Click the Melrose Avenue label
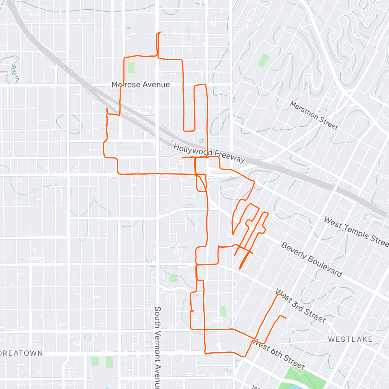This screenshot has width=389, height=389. click(140, 85)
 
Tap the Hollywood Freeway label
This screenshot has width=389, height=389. click(209, 153)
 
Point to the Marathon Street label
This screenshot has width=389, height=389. click(314, 115)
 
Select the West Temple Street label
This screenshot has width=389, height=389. click(357, 231)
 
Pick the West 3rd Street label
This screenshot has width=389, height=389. click(301, 306)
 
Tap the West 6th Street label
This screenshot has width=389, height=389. click(278, 354)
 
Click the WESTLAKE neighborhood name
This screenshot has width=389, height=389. click(350, 339)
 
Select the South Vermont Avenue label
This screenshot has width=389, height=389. click(158, 347)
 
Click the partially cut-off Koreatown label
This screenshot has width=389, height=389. click(21, 353)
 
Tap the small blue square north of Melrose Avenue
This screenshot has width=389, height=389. click(129, 28)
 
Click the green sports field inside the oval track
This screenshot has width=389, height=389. click(131, 68)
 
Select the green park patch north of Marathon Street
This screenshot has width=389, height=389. click(264, 60)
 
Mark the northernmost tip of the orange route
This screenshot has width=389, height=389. click(160, 32)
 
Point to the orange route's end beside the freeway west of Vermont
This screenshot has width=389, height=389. click(107, 109)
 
